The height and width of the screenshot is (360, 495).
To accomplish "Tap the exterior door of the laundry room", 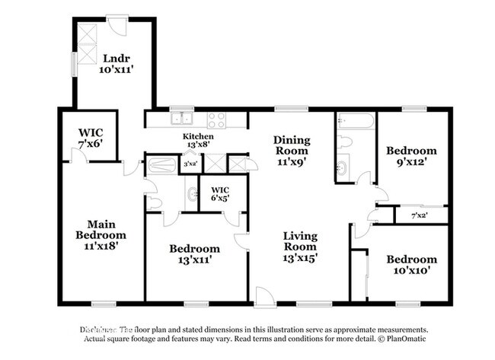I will (x=117, y=24).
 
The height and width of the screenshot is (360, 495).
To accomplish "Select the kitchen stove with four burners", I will (x=216, y=119).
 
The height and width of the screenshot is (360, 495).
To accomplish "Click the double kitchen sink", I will (x=181, y=119).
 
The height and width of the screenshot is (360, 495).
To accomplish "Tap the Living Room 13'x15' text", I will (x=300, y=247).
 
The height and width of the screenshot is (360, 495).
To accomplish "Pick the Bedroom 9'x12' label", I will (x=411, y=156).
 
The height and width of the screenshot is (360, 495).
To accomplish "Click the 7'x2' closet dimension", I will (x=418, y=215).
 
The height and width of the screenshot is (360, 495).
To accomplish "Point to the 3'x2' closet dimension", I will (x=190, y=164).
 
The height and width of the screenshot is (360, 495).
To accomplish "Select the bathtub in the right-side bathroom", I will (x=356, y=120).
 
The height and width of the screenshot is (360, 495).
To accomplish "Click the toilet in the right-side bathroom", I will (x=344, y=141).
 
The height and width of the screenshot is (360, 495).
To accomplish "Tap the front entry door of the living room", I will (x=266, y=298).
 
